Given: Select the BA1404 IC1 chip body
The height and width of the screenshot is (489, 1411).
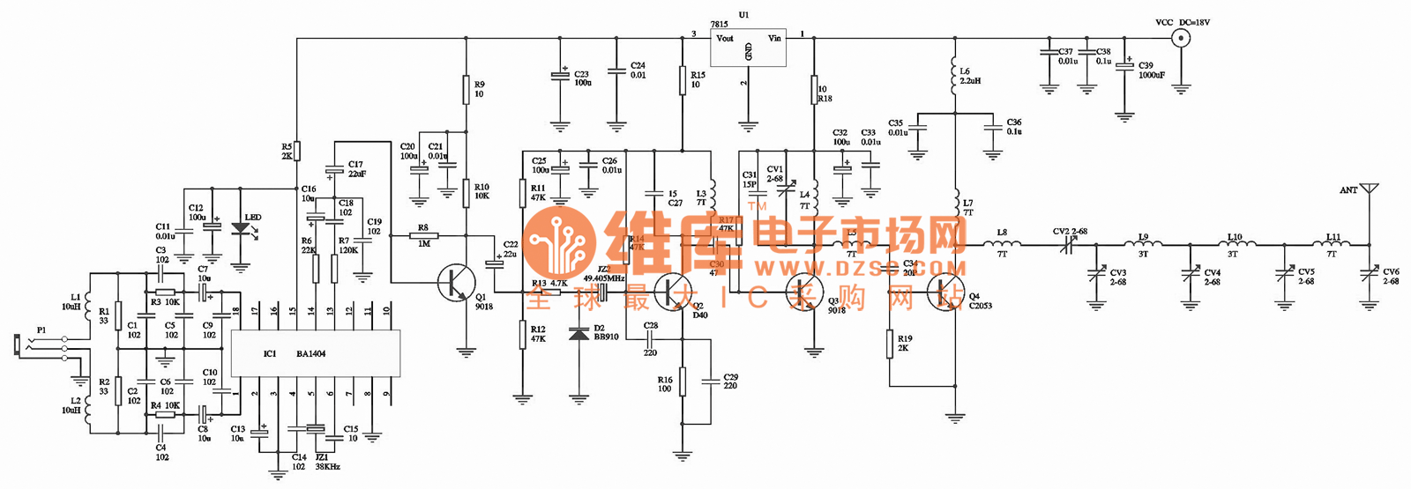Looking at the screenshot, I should (315, 353).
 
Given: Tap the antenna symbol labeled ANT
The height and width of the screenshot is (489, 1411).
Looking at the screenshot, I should (1369, 190).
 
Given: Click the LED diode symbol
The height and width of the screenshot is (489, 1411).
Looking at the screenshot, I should (240, 228).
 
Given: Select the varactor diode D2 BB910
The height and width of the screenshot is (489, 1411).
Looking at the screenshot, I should (579, 334).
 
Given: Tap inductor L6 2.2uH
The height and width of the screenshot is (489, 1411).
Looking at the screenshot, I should (954, 78).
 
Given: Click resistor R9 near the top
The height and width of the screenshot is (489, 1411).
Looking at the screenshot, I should (467, 89).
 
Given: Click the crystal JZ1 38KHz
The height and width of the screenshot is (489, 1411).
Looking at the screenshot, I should (315, 429).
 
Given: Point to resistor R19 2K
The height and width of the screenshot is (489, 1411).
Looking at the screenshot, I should (890, 344).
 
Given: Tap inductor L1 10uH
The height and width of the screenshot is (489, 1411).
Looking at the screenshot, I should (88, 303).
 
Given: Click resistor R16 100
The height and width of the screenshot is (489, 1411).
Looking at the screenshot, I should (682, 382).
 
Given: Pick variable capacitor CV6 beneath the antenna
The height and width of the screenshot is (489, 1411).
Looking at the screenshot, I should (1369, 275).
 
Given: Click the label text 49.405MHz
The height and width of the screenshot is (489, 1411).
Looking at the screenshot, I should (604, 278).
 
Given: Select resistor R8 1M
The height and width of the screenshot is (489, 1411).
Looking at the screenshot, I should (424, 235).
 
